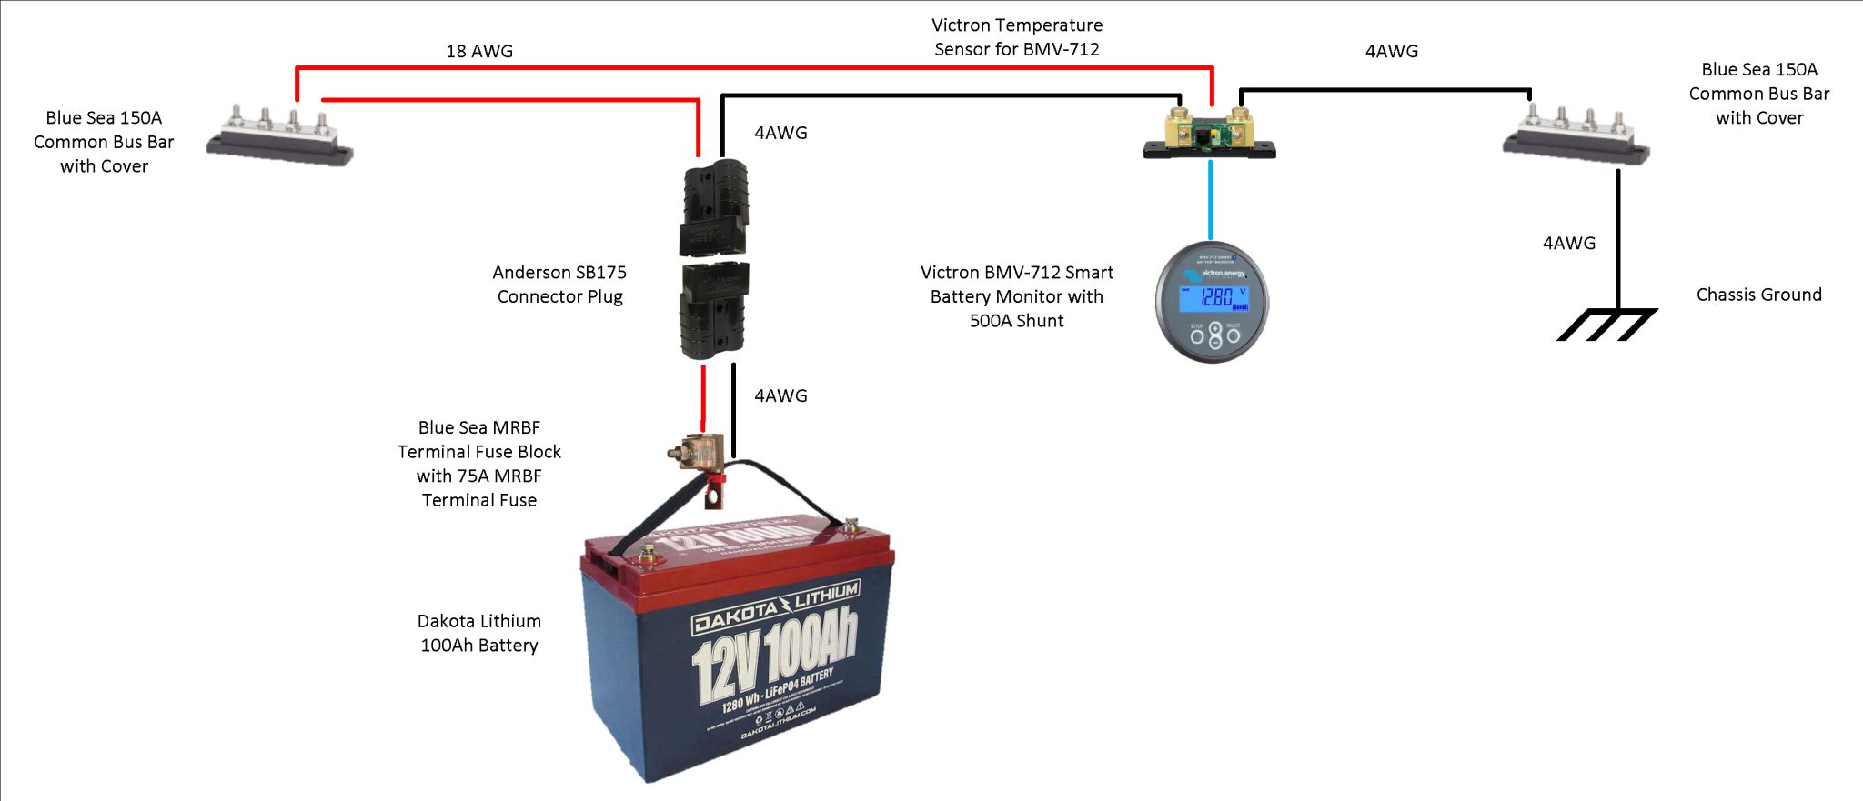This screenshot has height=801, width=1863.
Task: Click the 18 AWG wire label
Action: pyautogui.click(x=479, y=52)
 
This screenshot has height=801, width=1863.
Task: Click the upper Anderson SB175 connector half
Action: pyautogui.click(x=714, y=207)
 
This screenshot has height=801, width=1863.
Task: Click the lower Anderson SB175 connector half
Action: pyautogui.click(x=714, y=310)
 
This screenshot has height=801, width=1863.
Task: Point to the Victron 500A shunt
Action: pyautogui.click(x=1209, y=135)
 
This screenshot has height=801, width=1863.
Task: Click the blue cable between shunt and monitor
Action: pyautogui.click(x=1210, y=200)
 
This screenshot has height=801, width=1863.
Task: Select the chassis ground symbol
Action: pyautogui.click(x=1606, y=324)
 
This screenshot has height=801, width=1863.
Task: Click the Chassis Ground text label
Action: pyautogui.click(x=1758, y=295)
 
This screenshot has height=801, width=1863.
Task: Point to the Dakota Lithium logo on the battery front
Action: pyautogui.click(x=776, y=607)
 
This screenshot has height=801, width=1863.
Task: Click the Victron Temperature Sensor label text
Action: pyautogui.click(x=1017, y=37)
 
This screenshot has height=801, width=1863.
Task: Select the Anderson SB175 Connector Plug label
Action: pyautogui.click(x=559, y=285)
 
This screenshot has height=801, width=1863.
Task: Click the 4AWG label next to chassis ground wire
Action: pyautogui.click(x=1568, y=243)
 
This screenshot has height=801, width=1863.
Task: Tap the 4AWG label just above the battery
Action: pyautogui.click(x=780, y=395)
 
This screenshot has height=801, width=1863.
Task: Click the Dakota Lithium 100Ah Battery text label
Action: pyautogui.click(x=479, y=633)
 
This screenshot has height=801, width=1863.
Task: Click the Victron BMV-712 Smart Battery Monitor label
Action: pyautogui.click(x=1016, y=296)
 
